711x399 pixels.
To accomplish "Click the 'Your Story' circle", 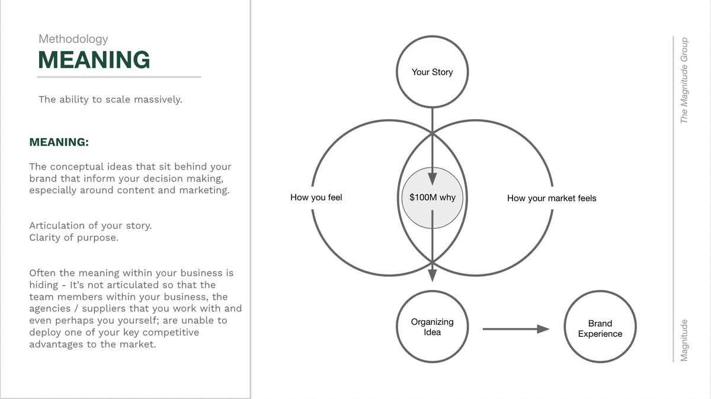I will (432, 72).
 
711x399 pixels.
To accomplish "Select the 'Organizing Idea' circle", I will (432, 327).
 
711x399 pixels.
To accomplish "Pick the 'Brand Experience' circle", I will (600, 328).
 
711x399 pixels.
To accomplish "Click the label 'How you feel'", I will (316, 197).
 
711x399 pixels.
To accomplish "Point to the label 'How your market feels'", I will (552, 198).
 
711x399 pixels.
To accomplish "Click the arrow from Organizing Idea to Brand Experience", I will (515, 328).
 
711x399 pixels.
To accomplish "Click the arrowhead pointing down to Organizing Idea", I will (432, 275).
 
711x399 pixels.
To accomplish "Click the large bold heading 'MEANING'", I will (94, 60).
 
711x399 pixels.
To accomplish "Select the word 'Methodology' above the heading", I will (73, 39).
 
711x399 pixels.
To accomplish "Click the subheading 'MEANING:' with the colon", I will (59, 143).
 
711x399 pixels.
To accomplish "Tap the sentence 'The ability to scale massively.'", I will (110, 100).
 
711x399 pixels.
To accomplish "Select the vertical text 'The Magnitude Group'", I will (684, 81).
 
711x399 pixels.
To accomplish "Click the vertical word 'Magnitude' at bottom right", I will (684, 340).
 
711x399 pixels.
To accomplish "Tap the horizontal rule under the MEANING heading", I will (118, 76).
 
